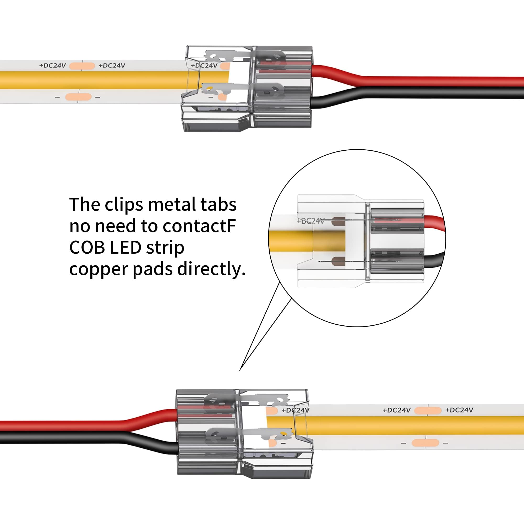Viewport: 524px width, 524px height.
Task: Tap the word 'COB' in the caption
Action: click(87, 248)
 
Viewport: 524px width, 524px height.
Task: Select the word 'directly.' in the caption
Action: click(211, 269)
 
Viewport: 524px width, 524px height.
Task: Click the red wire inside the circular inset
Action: click(434, 225)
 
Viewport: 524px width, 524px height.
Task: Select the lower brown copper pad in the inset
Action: click(338, 261)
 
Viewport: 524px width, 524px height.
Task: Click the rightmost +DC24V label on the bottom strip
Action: click(459, 410)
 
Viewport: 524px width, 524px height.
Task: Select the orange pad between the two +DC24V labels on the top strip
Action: click(82, 66)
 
